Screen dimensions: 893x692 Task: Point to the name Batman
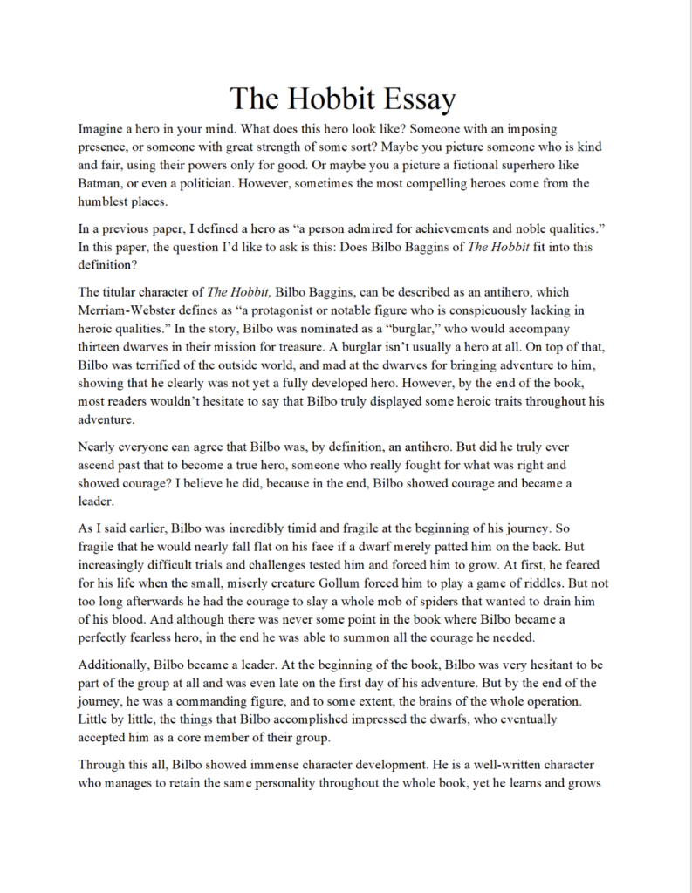pos(103,184)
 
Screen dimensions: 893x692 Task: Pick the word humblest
pos(110,202)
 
